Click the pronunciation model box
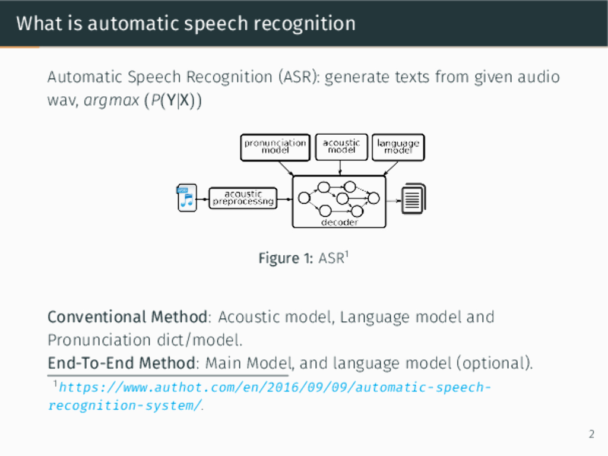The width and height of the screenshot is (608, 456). tap(275, 147)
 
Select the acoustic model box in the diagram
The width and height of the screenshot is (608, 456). tap(341, 147)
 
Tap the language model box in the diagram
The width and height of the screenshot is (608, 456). tap(398, 147)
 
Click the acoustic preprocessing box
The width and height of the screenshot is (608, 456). tap(243, 198)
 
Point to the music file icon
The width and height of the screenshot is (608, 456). tap(186, 198)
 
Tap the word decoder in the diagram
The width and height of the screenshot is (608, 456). tap(339, 222)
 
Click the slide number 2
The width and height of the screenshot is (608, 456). tap(591, 435)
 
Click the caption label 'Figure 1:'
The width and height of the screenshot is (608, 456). tap(286, 258)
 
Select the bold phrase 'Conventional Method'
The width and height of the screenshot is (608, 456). tap(128, 317)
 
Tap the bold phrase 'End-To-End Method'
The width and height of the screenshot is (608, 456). tap(122, 362)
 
